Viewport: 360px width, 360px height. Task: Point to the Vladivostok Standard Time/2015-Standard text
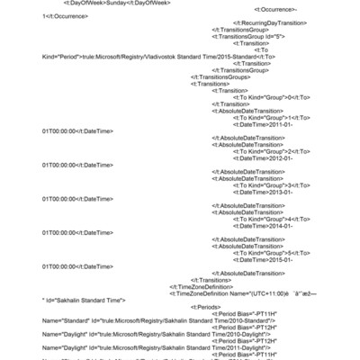tap(171, 56)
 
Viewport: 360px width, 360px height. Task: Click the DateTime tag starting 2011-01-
tap(268, 124)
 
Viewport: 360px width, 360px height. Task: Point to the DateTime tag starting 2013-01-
tap(268, 192)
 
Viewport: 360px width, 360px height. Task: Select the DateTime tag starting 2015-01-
tap(268, 260)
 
